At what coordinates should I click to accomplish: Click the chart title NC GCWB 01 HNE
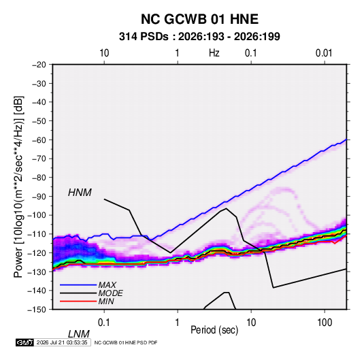[199, 19]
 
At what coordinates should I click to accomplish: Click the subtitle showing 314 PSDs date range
[199, 37]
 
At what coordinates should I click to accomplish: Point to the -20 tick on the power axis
[39, 65]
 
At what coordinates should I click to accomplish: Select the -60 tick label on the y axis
[39, 140]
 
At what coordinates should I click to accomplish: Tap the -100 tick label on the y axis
[37, 215]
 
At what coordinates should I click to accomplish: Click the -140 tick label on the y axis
[37, 291]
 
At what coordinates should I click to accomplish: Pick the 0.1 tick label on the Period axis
[104, 323]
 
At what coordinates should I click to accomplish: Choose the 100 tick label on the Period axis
[325, 323]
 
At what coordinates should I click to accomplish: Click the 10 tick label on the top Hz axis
[104, 53]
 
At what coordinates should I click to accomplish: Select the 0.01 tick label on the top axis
[324, 53]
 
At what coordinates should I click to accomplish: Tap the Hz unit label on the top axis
[214, 53]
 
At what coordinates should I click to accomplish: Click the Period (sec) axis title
[214, 330]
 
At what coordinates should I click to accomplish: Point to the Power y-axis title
[18, 186]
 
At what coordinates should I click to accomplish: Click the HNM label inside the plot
[80, 193]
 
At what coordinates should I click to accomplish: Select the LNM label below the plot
[78, 334]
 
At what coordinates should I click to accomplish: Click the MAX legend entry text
[107, 285]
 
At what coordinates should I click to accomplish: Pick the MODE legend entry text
[110, 293]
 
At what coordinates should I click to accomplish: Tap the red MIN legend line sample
[78, 301]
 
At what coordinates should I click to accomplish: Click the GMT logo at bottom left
[25, 342]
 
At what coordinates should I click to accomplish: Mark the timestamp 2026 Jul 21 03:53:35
[62, 342]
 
